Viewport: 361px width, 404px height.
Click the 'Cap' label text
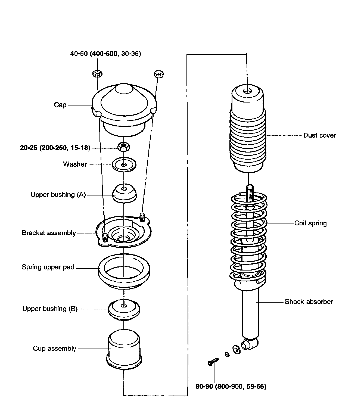60,105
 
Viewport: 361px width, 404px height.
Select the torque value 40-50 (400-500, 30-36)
105,54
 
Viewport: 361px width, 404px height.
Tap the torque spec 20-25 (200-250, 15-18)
55,148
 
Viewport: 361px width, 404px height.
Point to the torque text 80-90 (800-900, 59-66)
231,386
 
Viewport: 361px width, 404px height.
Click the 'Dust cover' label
320,135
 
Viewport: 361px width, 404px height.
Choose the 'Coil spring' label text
310,223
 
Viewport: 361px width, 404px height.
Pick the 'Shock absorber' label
309,302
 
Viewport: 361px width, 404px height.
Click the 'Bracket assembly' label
49,233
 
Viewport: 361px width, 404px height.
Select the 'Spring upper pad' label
48,267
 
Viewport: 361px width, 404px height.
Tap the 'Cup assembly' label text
54,349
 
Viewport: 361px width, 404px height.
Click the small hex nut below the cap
124,147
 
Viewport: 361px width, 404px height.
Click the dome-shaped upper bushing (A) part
125,193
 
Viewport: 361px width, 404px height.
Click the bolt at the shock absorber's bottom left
213,362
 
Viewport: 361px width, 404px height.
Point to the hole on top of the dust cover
247,91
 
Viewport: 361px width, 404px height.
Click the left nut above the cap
97,73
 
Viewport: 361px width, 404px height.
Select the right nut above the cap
159,73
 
